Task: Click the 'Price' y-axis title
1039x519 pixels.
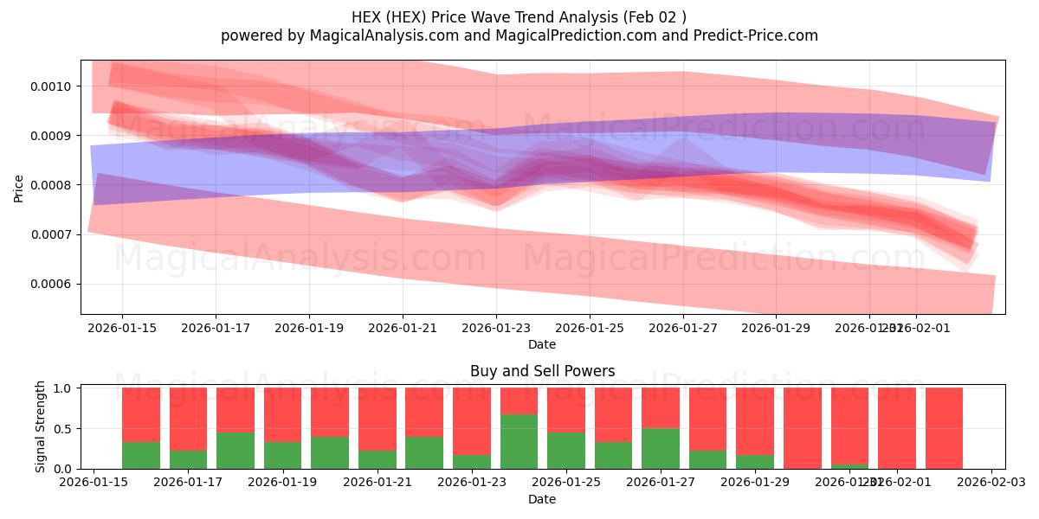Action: (19, 187)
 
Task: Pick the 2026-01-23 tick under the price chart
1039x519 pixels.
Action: (496, 328)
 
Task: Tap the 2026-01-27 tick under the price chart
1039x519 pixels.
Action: (684, 328)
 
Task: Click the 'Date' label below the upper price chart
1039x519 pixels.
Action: (542, 344)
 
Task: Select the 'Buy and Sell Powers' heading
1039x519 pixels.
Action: (542, 371)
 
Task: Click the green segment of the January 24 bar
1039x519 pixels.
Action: (519, 441)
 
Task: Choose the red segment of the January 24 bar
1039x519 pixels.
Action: (519, 400)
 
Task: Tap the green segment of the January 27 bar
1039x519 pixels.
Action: (660, 448)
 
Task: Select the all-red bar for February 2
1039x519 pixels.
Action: (944, 428)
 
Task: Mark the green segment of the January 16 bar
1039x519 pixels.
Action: (141, 455)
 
